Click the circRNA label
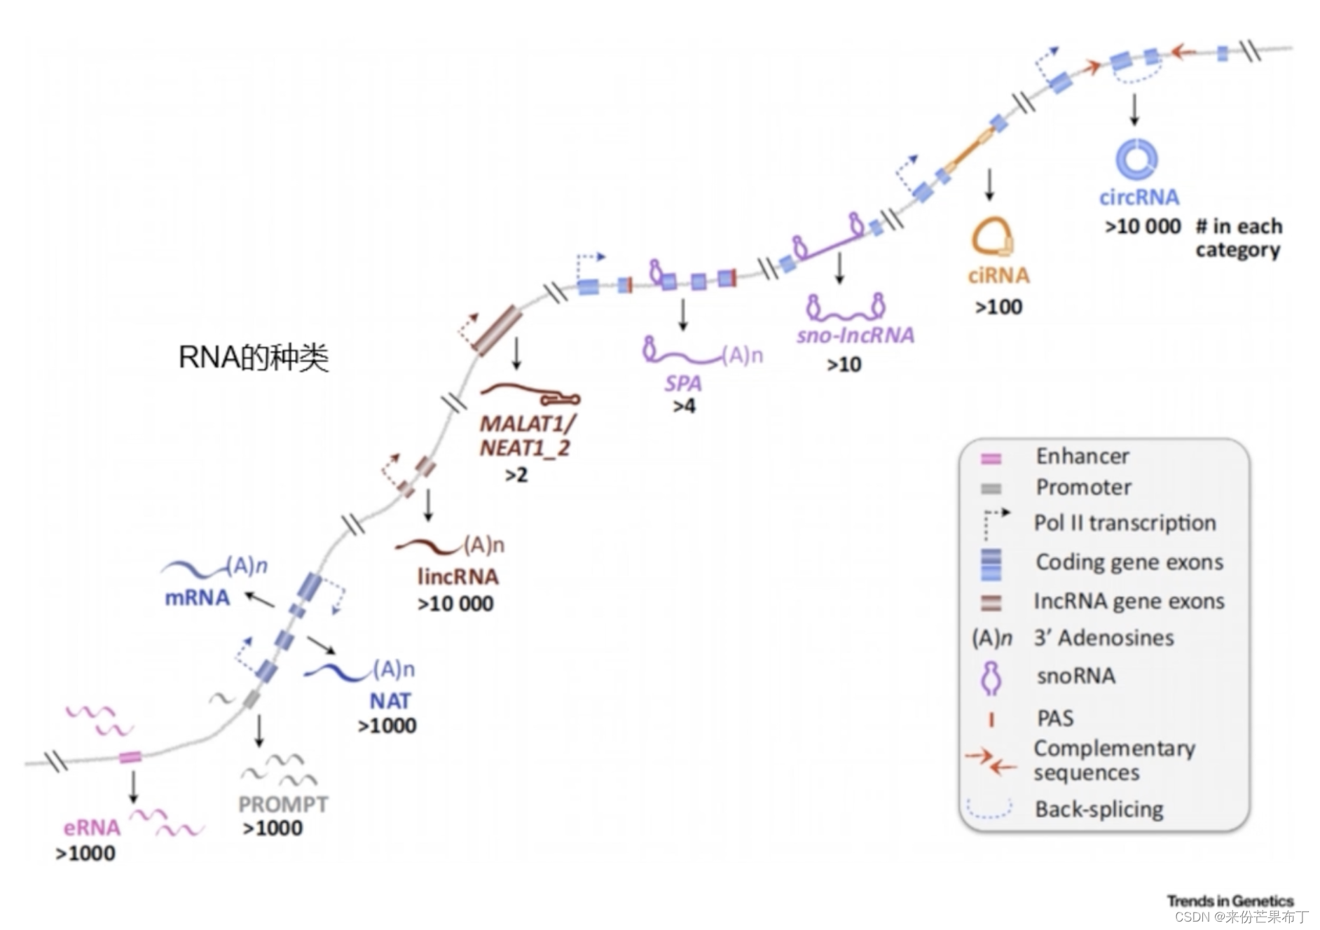click(1139, 197)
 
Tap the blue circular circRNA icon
click(1136, 159)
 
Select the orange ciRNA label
click(998, 275)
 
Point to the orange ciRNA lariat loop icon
click(991, 237)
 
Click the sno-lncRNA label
click(855, 335)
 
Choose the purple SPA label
click(683, 383)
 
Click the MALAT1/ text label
click(528, 424)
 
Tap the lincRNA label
click(458, 576)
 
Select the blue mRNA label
click(197, 598)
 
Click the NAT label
click(390, 700)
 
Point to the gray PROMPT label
click(283, 804)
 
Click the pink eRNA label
click(92, 828)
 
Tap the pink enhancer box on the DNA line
click(130, 757)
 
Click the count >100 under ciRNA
click(998, 307)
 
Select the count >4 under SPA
click(684, 406)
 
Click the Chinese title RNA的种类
click(254, 357)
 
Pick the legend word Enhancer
click(1082, 456)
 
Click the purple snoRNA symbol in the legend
click(990, 677)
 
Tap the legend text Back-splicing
click(1099, 809)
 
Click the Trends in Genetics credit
click(1230, 901)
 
